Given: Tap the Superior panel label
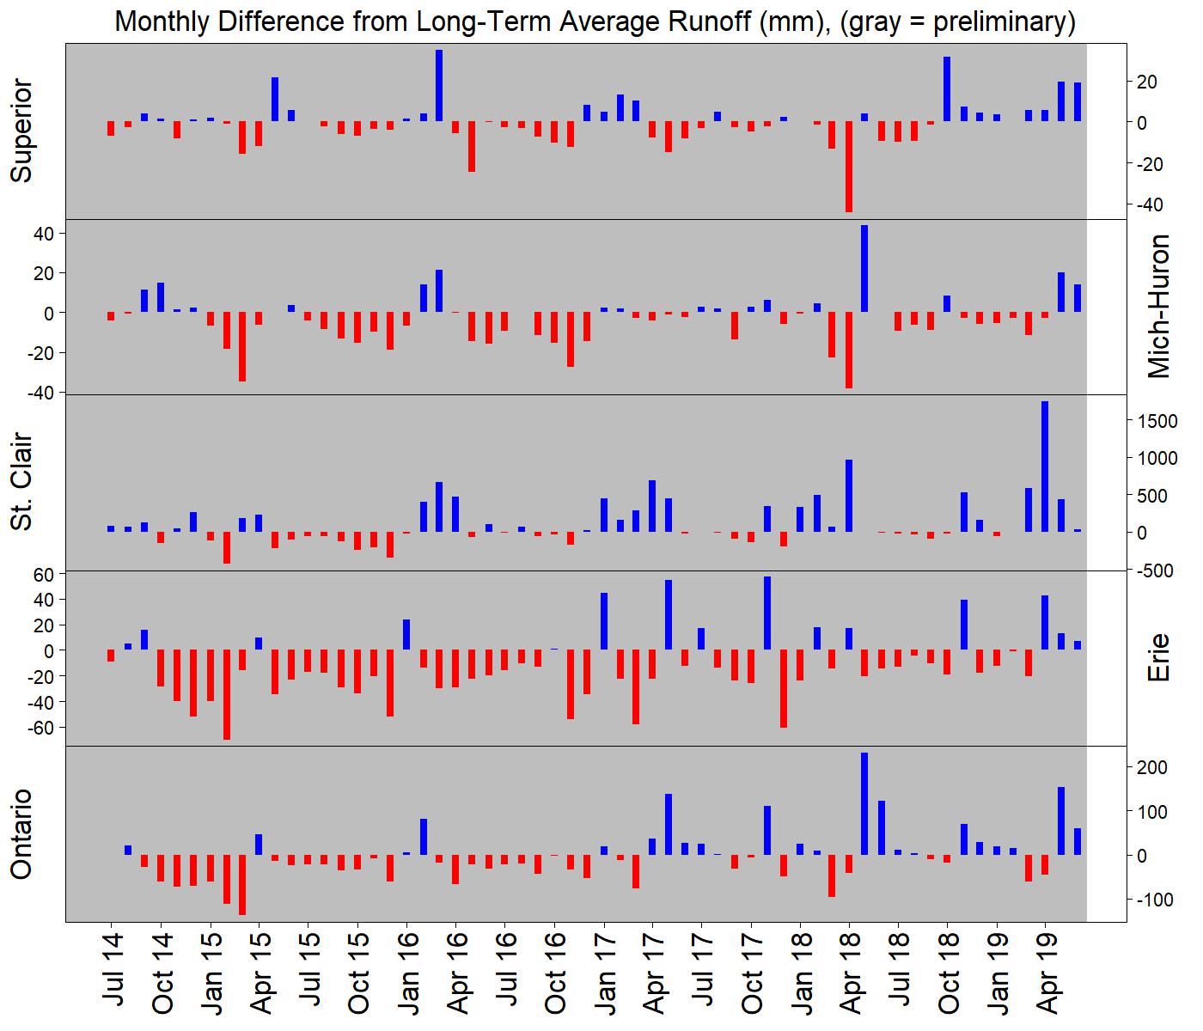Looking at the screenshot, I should [x=21, y=131].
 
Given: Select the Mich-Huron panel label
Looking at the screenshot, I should [x=1159, y=306].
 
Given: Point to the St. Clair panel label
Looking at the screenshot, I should [x=21, y=482].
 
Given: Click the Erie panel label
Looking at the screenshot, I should [x=1159, y=657].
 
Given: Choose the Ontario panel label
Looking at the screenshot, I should [x=21, y=833].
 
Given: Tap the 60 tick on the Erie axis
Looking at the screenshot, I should [x=44, y=574].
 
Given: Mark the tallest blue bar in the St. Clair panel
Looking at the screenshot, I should [x=1045, y=467].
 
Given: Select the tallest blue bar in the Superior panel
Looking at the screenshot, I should [x=439, y=85].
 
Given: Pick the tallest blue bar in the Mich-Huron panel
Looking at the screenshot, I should [x=864, y=268].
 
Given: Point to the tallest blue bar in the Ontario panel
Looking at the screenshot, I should [x=864, y=803].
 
